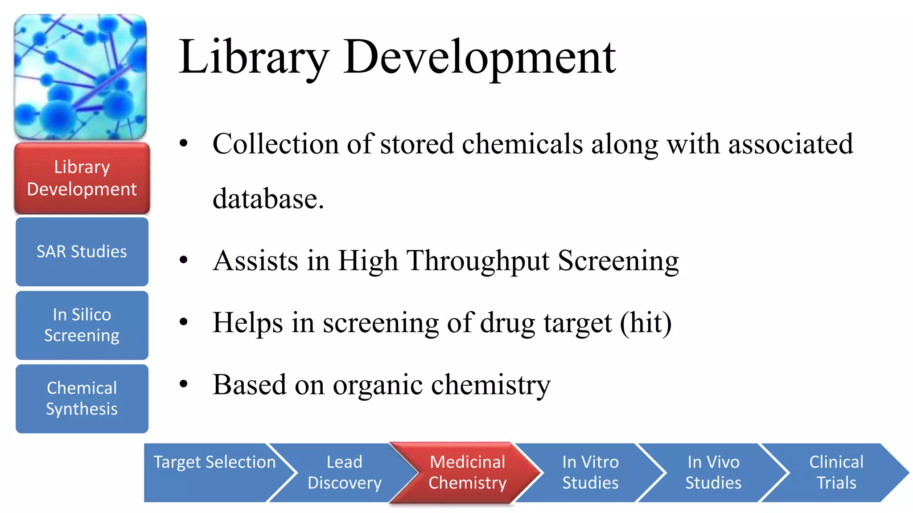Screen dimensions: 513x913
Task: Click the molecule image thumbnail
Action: (80, 77)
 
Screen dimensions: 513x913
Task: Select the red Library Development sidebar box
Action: (82, 178)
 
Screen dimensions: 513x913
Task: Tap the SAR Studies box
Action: (82, 252)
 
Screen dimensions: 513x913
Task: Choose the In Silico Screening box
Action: (82, 325)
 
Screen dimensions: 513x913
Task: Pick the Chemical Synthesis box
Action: (82, 399)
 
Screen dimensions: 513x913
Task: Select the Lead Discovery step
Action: (344, 472)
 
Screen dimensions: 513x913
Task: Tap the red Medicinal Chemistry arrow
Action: (467, 472)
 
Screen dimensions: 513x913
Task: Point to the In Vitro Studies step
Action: (590, 472)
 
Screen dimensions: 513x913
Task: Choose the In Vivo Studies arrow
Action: (713, 472)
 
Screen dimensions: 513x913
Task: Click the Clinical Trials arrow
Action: (836, 472)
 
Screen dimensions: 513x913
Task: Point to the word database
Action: (268, 199)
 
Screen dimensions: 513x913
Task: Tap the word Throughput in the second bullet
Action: (478, 261)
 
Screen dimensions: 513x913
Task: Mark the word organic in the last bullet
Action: (378, 385)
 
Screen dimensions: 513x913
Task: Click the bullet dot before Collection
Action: (184, 143)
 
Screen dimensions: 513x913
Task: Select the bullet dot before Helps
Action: (184, 322)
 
